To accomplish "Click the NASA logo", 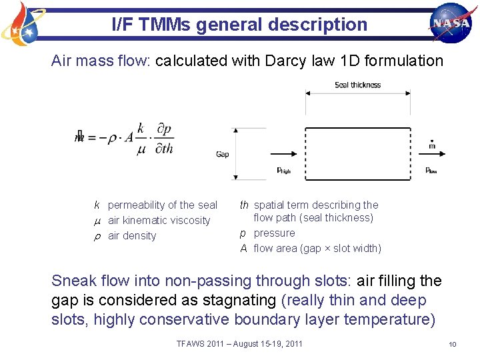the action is [451, 23].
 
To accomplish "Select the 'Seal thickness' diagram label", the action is [357, 85].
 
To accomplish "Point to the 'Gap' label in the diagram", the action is [223, 154].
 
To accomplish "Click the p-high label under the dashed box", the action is [284, 171].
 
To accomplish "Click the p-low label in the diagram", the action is [432, 171].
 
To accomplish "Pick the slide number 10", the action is [452, 344].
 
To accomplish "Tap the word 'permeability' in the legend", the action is [133, 205].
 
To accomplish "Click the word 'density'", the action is [140, 236].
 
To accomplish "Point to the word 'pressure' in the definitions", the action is [274, 233].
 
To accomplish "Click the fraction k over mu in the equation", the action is [141, 138].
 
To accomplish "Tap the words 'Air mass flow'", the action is [101, 61].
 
